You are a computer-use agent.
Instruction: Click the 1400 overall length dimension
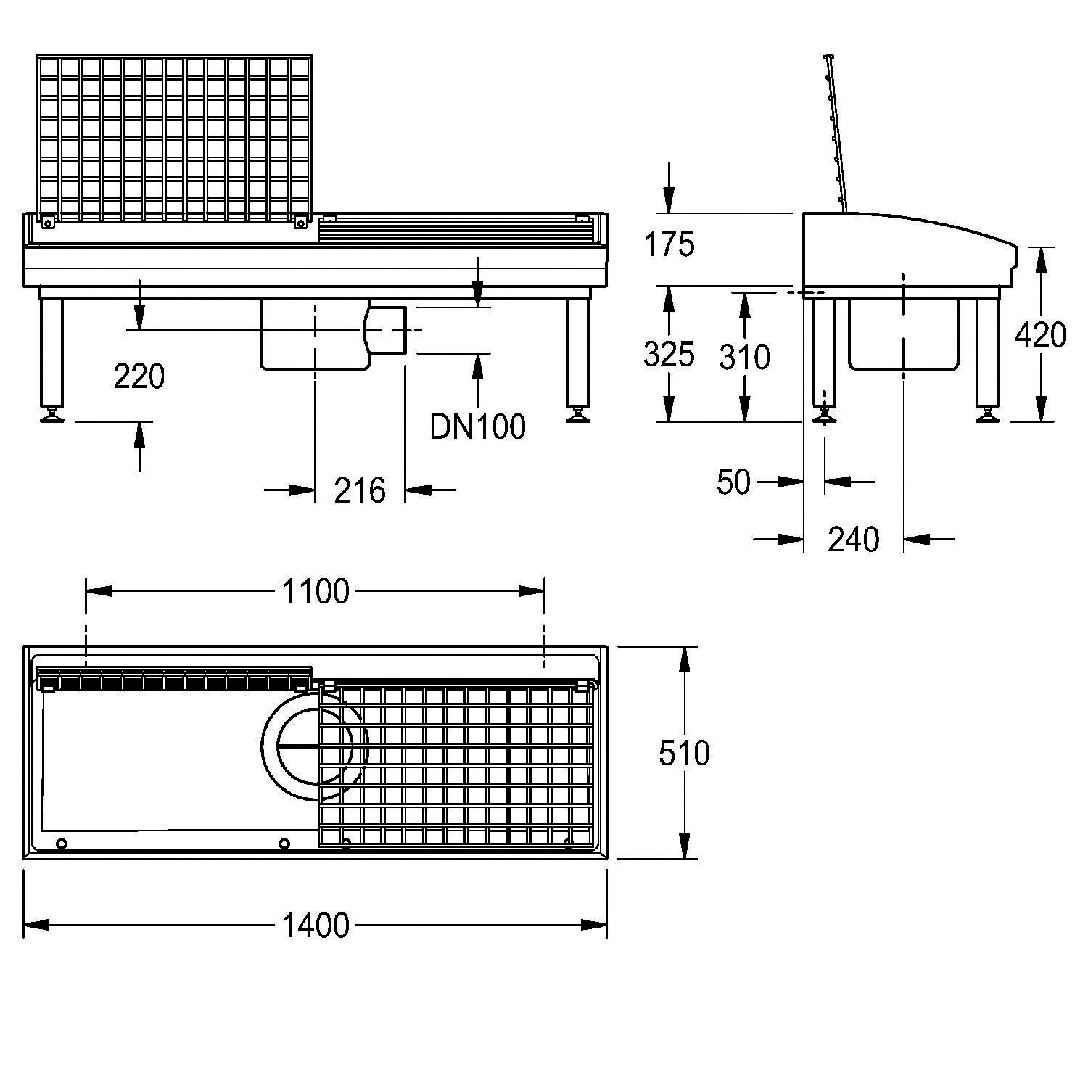(x=316, y=926)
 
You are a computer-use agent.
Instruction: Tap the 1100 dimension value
(x=316, y=592)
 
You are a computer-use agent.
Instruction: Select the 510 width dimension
(x=683, y=753)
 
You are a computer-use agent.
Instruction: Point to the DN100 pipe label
(x=477, y=427)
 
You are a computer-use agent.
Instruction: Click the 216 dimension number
(x=360, y=491)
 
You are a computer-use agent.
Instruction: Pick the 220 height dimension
(x=139, y=376)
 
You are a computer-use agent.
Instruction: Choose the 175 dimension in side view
(x=669, y=245)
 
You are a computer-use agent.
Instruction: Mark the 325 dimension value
(x=668, y=355)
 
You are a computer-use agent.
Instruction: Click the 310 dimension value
(x=744, y=357)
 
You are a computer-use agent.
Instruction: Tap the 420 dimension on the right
(x=1040, y=335)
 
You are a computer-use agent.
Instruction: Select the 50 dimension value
(x=733, y=482)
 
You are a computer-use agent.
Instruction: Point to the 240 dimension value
(x=853, y=540)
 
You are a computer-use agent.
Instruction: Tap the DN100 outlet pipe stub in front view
(x=387, y=330)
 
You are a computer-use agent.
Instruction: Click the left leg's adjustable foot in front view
(x=52, y=415)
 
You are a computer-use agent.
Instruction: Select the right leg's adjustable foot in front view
(x=578, y=415)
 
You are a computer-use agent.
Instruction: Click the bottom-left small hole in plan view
(x=62, y=844)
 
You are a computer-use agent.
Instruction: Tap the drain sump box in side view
(x=904, y=335)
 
